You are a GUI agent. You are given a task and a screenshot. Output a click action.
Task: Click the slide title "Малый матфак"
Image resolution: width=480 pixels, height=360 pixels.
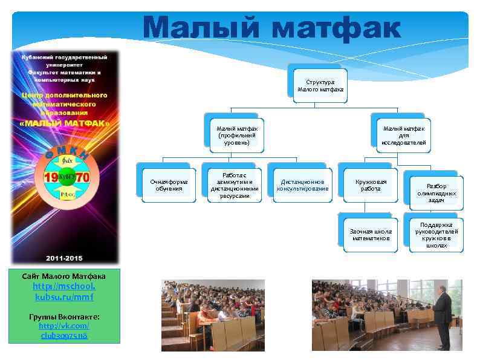click(271, 28)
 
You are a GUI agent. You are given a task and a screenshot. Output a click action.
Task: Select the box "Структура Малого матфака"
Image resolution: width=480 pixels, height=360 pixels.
click(320, 85)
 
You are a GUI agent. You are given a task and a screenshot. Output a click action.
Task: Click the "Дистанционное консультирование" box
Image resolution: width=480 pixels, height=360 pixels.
click(302, 185)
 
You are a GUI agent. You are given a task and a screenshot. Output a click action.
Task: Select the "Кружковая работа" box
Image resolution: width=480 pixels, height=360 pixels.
click(371, 185)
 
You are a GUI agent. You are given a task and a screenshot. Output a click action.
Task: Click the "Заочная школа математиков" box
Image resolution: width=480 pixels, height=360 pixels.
click(371, 235)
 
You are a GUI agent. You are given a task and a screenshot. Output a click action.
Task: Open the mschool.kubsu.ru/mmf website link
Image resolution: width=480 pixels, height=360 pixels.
click(63, 292)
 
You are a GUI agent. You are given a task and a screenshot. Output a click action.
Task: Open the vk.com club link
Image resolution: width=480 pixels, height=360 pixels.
click(63, 330)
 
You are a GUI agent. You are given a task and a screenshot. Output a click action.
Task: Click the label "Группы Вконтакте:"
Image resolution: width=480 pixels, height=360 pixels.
click(63, 317)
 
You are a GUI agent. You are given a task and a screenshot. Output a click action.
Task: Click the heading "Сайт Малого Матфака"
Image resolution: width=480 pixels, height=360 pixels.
click(63, 276)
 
